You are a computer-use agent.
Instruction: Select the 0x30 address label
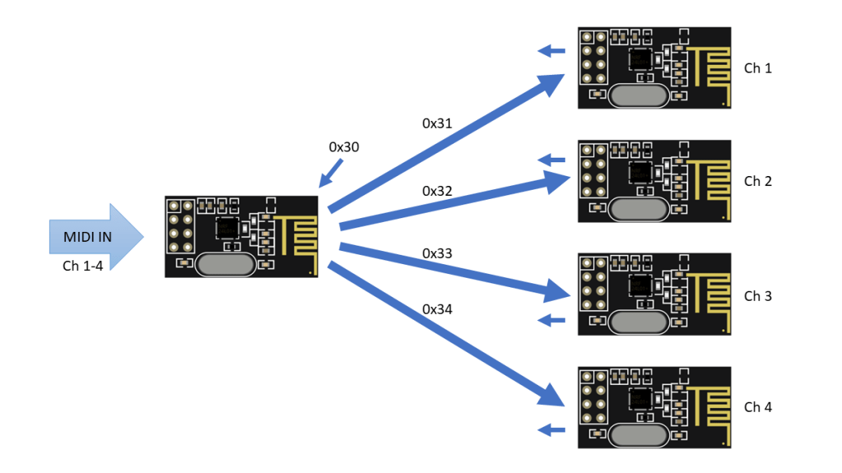pos(344,147)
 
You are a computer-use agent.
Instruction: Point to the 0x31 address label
pos(438,122)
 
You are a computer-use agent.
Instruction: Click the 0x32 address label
pos(438,191)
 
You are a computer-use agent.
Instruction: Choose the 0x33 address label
pos(438,253)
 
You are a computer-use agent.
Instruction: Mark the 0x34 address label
pos(438,309)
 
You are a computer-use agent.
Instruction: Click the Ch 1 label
pos(758,68)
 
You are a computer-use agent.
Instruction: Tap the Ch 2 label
pos(758,181)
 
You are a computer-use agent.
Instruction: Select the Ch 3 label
pos(758,295)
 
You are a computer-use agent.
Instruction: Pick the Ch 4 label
pos(758,407)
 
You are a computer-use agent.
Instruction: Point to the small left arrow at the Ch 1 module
pos(551,51)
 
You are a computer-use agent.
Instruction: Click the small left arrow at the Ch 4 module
pos(551,430)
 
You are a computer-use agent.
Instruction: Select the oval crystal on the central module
pos(226,264)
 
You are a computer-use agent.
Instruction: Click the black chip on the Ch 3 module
pos(639,285)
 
